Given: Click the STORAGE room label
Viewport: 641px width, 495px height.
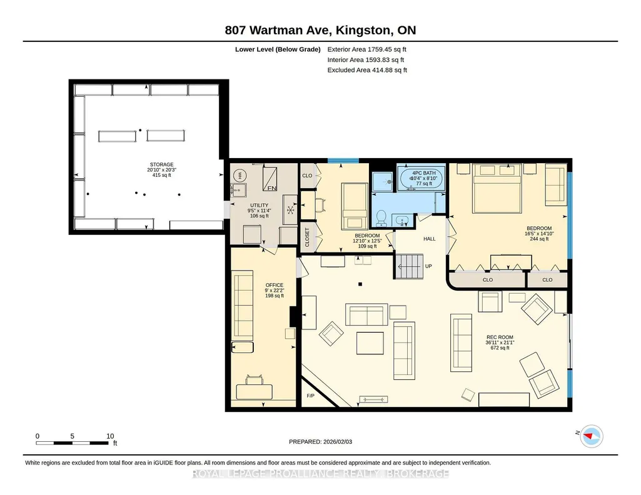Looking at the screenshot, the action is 161,164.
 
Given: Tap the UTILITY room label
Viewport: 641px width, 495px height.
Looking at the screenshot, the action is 259,206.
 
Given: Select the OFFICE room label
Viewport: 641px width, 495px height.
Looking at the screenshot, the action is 275,285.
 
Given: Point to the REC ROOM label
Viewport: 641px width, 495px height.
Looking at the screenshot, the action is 500,337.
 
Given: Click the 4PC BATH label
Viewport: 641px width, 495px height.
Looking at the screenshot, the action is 424,173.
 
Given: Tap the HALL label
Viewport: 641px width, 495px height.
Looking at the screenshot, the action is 429,239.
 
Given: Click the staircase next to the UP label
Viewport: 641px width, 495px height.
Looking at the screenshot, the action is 408,266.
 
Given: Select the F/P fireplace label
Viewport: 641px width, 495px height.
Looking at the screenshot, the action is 311,396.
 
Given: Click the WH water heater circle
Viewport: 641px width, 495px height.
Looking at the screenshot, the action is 238,176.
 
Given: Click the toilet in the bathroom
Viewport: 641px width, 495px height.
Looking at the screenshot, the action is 381,218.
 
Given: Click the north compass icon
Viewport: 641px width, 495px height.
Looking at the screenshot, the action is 591,436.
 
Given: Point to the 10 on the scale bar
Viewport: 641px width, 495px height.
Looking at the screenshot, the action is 110,436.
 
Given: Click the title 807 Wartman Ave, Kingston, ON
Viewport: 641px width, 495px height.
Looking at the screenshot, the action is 320,30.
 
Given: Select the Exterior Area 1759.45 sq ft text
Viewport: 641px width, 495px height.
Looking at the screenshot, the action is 366,49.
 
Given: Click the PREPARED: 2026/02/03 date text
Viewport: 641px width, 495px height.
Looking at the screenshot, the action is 320,441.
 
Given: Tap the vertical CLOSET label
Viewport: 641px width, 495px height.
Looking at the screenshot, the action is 308,237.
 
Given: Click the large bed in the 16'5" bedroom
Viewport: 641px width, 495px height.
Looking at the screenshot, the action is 497,188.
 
